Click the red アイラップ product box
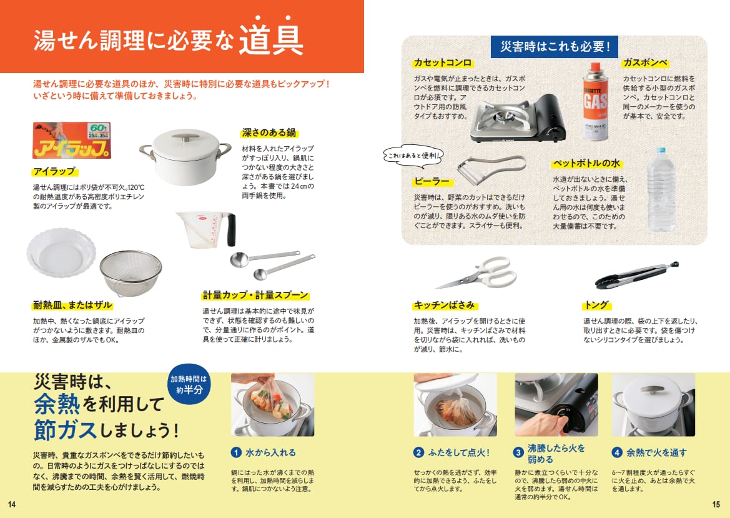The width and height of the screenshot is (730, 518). [x=72, y=140]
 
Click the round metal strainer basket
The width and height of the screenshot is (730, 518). [x=131, y=274]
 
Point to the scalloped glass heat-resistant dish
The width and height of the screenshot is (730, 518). [x=61, y=252]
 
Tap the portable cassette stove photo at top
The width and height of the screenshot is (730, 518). [x=518, y=118]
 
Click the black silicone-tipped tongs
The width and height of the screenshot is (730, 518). [x=636, y=275]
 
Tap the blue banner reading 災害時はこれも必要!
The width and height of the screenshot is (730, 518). [x=555, y=47]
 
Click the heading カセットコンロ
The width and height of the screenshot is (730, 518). [x=442, y=62]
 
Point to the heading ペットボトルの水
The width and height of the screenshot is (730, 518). [x=586, y=163]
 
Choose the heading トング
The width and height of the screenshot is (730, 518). [x=596, y=305]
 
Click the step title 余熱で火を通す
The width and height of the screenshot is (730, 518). [x=656, y=452]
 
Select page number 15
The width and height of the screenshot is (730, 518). [x=716, y=504]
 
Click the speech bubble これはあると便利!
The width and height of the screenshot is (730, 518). [x=413, y=156]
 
